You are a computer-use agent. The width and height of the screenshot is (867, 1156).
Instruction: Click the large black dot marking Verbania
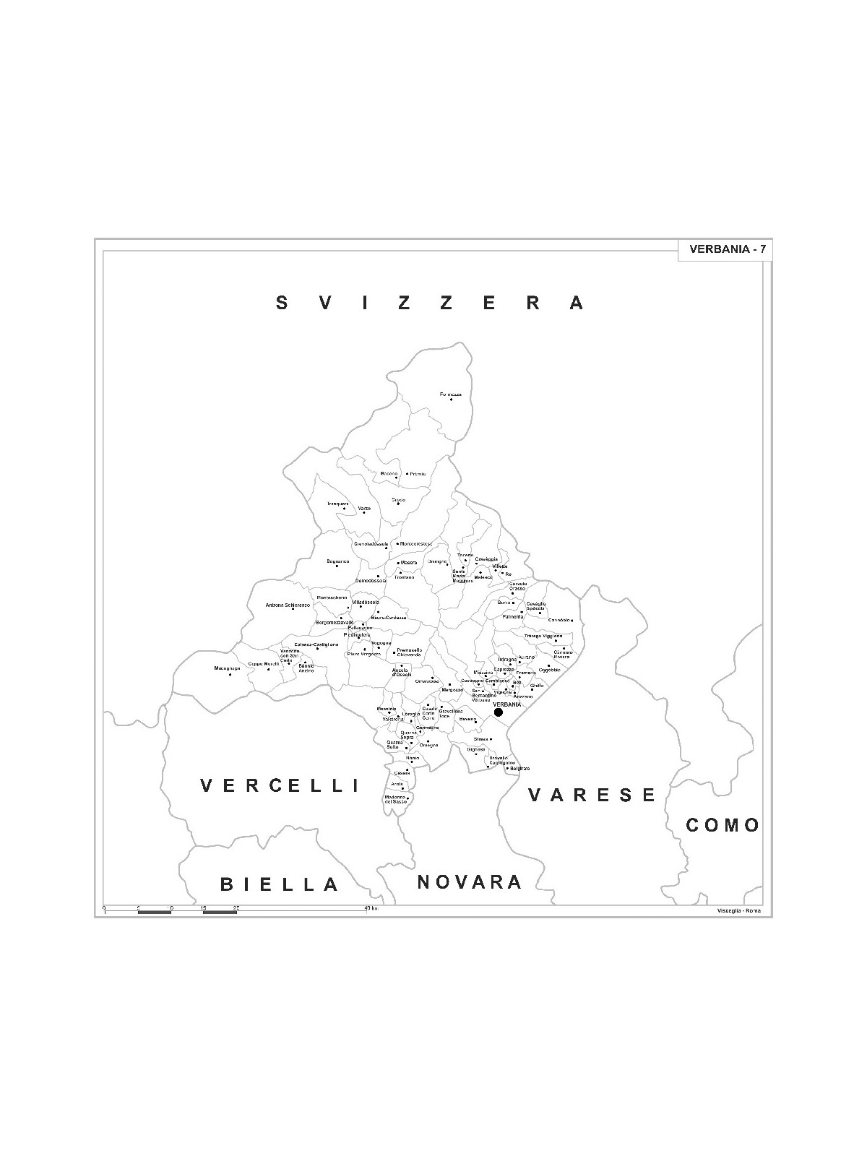coord(499,712)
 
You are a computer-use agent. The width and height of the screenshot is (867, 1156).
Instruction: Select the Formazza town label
coord(451,394)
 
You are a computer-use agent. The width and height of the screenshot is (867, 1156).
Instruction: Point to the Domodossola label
coord(370,580)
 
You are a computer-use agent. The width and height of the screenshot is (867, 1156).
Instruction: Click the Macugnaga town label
coord(226,668)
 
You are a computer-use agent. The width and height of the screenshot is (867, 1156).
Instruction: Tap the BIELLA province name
coord(280,884)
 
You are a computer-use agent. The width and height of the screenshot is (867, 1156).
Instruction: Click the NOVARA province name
coord(470,881)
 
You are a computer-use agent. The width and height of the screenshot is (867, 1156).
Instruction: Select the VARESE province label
coord(592,795)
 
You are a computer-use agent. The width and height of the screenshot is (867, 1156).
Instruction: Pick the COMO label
coord(722,825)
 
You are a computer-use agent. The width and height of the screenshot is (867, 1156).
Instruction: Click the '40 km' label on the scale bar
coord(371,907)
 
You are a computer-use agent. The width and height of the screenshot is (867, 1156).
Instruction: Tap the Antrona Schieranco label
coord(287,605)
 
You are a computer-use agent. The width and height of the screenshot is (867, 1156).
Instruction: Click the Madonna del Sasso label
coord(396,799)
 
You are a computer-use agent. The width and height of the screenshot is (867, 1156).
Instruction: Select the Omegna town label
coord(428,745)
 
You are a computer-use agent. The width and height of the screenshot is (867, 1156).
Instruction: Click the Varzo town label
coord(364,509)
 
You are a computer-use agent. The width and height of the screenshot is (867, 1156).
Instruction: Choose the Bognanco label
coord(337,561)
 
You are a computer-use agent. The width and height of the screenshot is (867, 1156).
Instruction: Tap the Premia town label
coord(418,474)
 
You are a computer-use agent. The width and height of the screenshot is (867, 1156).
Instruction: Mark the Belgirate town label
coord(520,768)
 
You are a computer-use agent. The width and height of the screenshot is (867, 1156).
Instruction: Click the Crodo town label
coord(398,499)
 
